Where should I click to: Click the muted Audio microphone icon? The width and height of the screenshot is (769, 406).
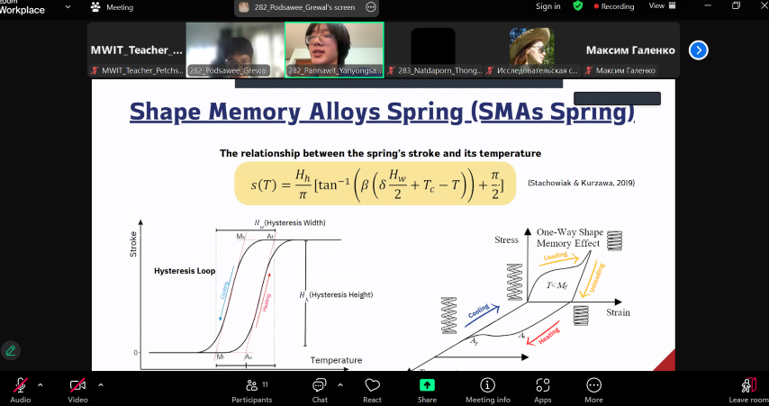click(x=20, y=384)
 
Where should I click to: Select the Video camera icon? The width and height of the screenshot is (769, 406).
click(x=77, y=384)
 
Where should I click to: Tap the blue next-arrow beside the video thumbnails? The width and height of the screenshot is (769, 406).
click(x=698, y=50)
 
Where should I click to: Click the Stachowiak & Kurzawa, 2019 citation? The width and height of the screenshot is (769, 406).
click(x=581, y=183)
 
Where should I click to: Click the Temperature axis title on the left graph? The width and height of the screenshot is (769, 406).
click(x=336, y=360)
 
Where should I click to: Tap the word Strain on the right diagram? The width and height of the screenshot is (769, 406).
click(x=618, y=312)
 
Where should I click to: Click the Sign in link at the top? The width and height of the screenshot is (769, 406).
click(x=547, y=6)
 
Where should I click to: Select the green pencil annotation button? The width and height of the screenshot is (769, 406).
click(x=11, y=350)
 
